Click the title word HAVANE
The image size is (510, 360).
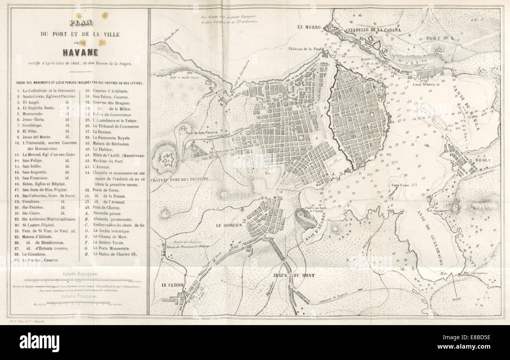click(80, 52)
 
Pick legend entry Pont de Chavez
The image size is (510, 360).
click(107, 206)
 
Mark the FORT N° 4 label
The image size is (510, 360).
click(440, 38)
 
